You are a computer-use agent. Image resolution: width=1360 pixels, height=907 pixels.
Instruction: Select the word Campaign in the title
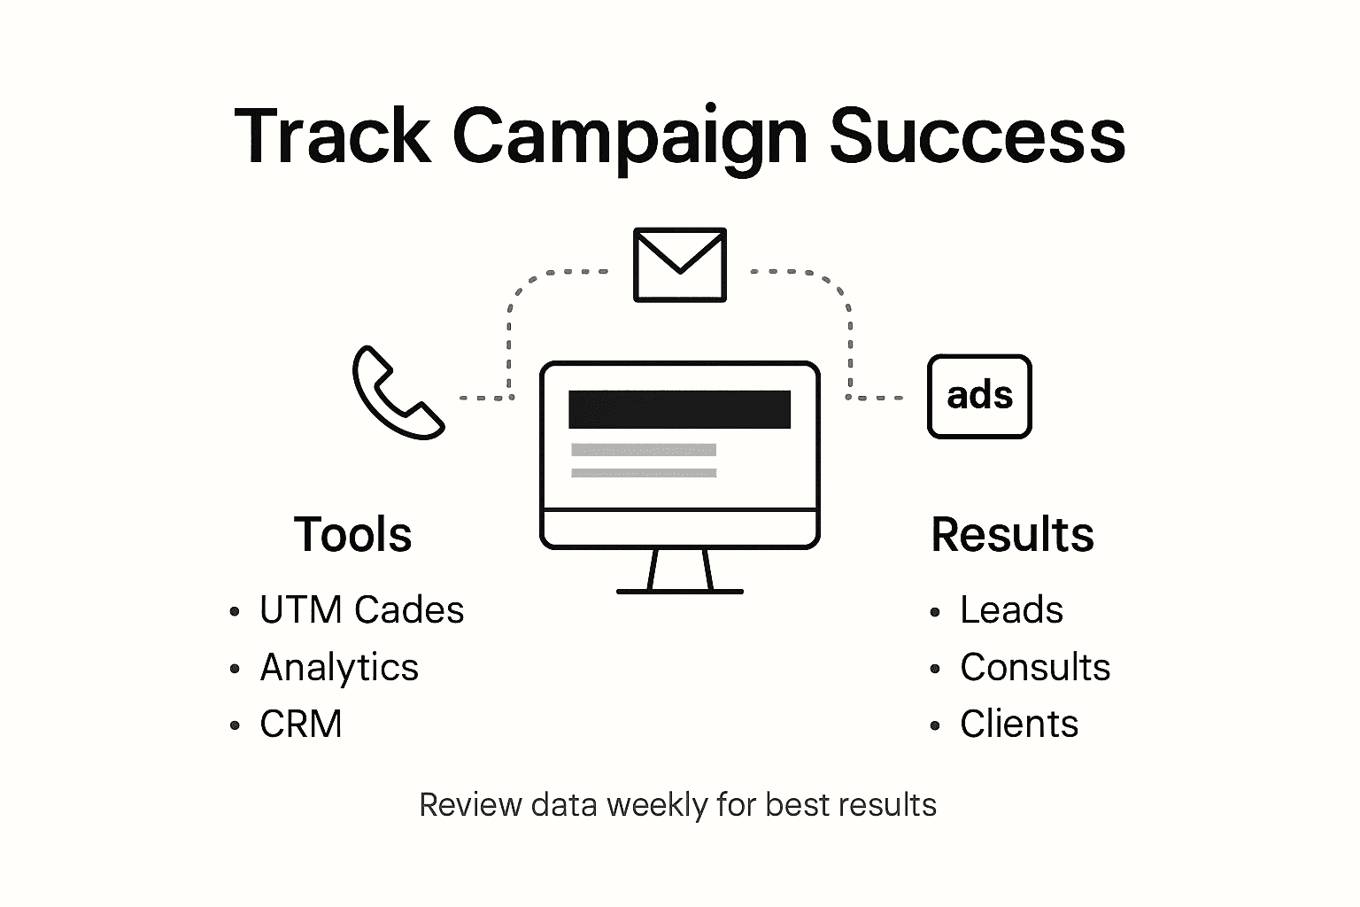[x=630, y=137]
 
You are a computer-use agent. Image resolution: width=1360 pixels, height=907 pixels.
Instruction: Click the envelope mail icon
[x=680, y=265]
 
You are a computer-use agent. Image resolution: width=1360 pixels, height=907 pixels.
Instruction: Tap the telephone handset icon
[x=397, y=392]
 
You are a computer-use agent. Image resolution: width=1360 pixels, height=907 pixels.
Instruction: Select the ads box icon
[x=979, y=396]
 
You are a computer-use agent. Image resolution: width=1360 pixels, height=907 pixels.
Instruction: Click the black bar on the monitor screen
[x=679, y=409]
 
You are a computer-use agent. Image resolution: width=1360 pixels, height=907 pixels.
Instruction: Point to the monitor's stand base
[x=679, y=590]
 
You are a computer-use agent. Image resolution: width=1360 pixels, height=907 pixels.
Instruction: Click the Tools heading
[x=352, y=535]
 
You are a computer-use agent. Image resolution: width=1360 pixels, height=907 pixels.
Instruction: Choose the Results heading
[x=1012, y=535]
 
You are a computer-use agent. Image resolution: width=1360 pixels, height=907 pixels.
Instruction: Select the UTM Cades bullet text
[x=361, y=610]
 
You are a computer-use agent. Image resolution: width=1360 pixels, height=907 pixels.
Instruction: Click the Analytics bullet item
[x=339, y=668]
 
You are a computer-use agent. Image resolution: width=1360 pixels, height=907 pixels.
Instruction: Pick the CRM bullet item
[x=301, y=725]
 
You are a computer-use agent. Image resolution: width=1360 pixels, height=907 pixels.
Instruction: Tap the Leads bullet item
[x=1011, y=610]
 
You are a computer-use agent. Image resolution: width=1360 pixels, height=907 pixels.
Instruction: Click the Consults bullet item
[x=1034, y=668]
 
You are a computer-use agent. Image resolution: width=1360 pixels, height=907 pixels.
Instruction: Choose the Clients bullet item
[x=1019, y=725]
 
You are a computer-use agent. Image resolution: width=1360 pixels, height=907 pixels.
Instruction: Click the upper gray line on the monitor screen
[x=644, y=450]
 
